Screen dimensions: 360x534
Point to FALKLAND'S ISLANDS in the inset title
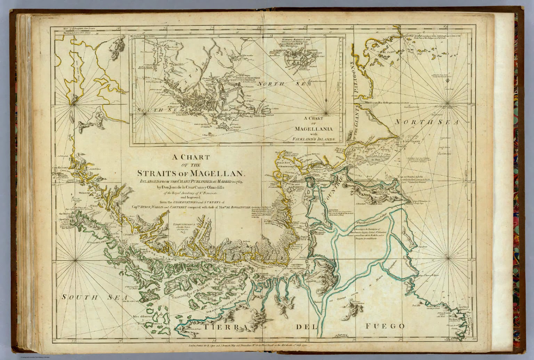(315, 138)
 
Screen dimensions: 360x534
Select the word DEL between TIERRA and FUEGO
(305, 327)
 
